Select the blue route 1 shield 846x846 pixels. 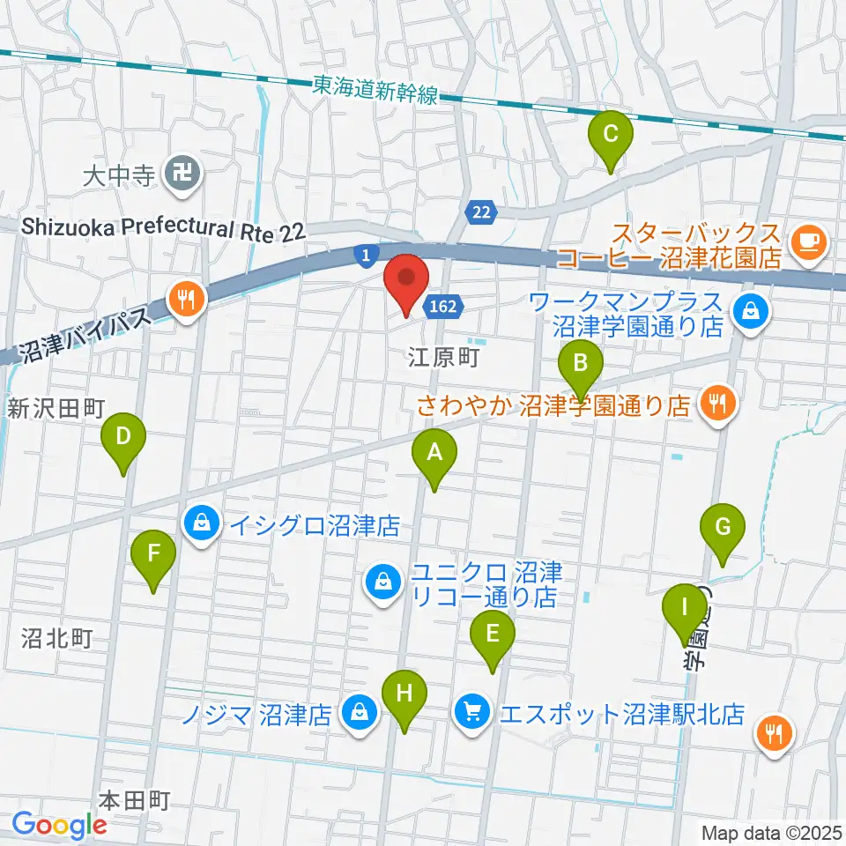click(365, 255)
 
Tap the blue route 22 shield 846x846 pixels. click(480, 211)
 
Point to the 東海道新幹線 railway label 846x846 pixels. click(375, 90)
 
